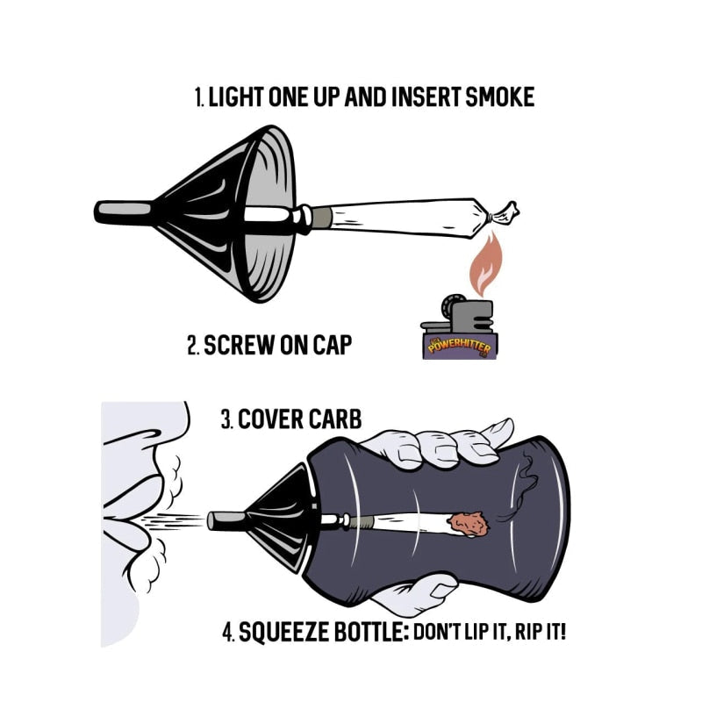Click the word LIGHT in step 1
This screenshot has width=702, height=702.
click(236, 97)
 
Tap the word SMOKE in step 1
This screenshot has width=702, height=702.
click(499, 97)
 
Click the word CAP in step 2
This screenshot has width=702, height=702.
click(333, 345)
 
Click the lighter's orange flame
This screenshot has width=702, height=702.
click(486, 264)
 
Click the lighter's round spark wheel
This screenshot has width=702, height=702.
click(451, 305)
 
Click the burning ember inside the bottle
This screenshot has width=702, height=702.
click(469, 524)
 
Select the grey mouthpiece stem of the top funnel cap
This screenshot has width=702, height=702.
click(124, 210)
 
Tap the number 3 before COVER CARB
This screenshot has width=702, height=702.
click(226, 419)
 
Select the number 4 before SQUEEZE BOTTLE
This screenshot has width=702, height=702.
click(228, 632)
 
